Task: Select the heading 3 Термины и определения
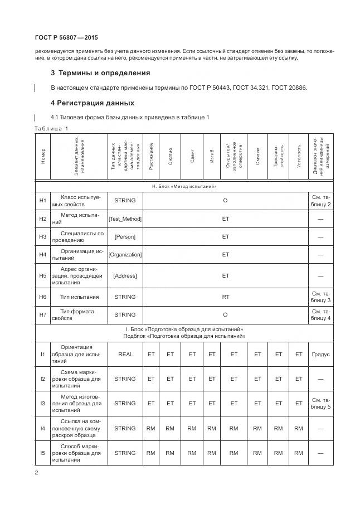pos(100,73)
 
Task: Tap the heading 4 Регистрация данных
pos(92,103)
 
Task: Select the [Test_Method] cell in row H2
pos(125,219)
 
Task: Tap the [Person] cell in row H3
pos(125,237)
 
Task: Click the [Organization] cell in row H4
pos(125,255)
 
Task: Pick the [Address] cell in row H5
pos(125,275)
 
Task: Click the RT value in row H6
pos(225,297)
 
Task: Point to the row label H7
pos(43,314)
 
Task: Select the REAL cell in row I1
pos(125,354)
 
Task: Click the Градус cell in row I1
pos(320,354)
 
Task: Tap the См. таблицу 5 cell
pos(320,403)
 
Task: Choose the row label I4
pos(43,428)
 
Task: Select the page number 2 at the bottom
pos(36,473)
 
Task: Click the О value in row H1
pos(225,200)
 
